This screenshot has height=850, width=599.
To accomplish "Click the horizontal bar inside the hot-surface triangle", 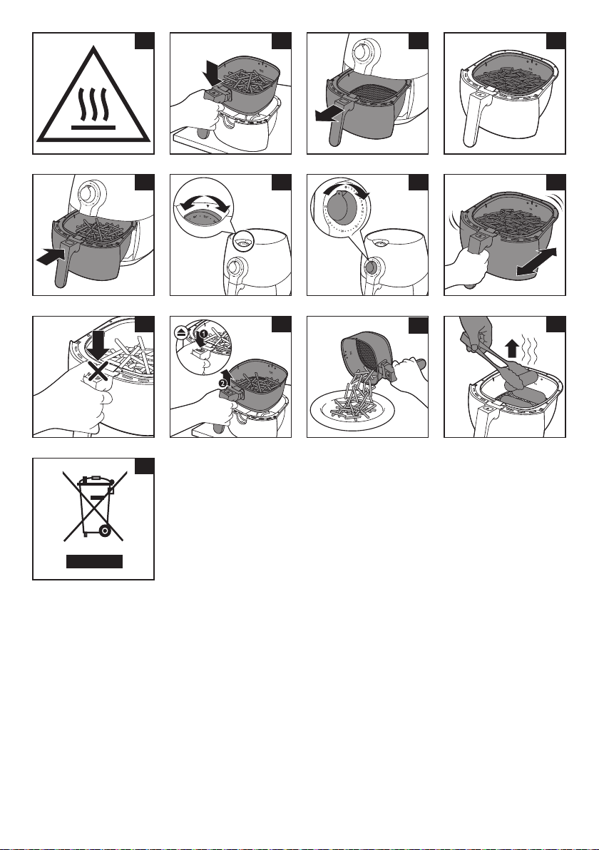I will coord(93,130).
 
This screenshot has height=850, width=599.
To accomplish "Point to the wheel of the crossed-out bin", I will coord(106,531).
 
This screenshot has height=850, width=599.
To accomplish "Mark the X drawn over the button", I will coord(94,372).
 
